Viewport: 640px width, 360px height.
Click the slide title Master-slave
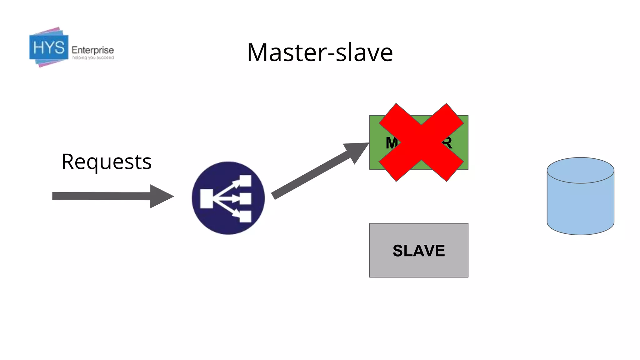coord(320,52)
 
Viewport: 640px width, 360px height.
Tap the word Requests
coord(106,162)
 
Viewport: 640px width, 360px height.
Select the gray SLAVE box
coord(418,250)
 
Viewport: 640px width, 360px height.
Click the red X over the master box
coord(421,142)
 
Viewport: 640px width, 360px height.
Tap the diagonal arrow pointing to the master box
coord(312,175)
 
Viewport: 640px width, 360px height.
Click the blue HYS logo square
coord(49,47)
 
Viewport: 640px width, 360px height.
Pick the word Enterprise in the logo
coord(92,50)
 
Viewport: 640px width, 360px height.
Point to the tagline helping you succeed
coord(93,58)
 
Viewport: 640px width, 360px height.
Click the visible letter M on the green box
coord(391,143)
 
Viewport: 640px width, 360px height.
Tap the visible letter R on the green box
coord(447,143)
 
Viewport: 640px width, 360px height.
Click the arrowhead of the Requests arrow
coord(161,196)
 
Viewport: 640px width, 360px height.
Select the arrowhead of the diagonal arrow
coord(356,152)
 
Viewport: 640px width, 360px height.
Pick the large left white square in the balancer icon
coord(206,198)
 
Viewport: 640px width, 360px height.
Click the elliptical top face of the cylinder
coord(580,170)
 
